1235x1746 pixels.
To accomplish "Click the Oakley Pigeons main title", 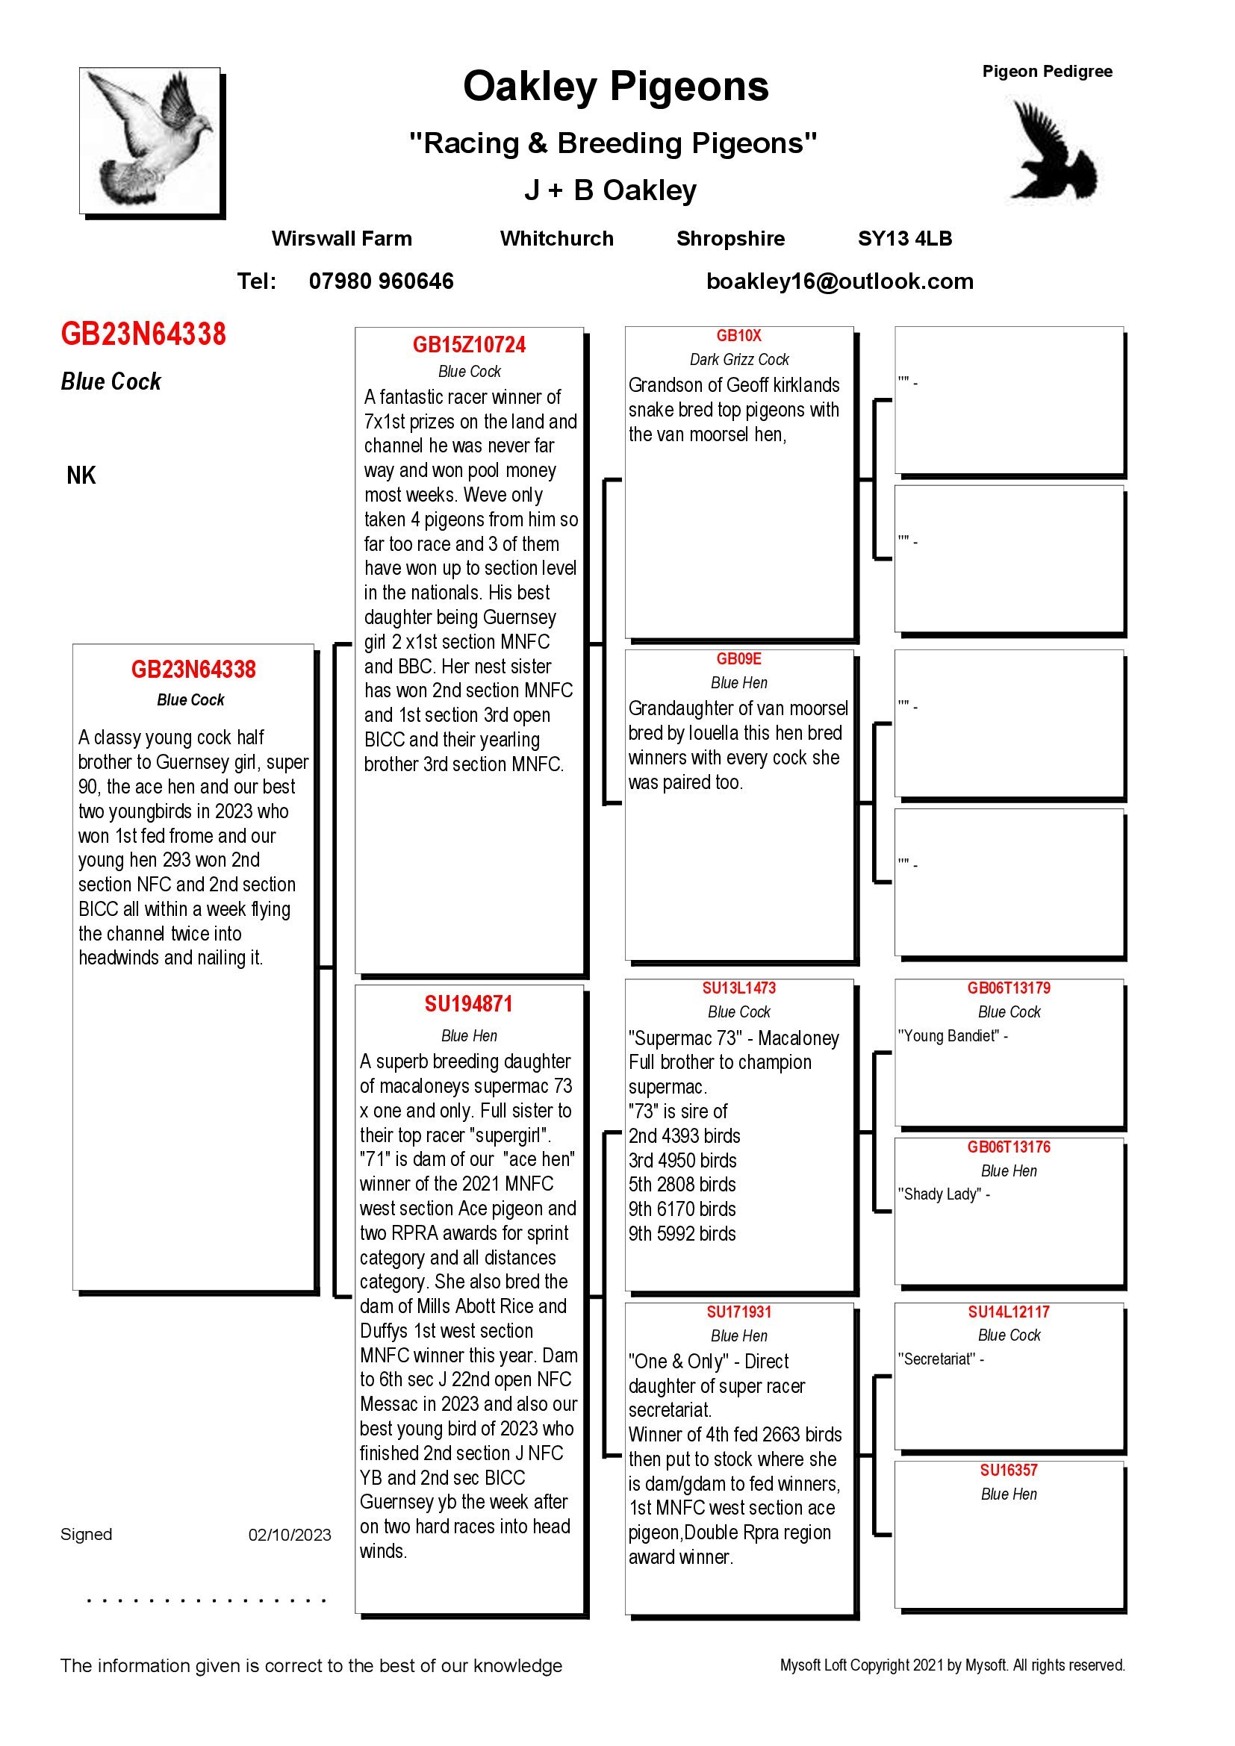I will [x=615, y=87].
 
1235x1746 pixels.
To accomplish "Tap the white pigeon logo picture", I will [x=151, y=140].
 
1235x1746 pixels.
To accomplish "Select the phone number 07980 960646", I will [x=381, y=281].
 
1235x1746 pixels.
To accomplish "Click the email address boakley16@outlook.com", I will [x=839, y=281].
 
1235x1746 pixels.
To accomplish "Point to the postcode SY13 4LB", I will [x=904, y=239].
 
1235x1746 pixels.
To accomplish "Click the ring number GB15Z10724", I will [x=469, y=346].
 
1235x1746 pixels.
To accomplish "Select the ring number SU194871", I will [x=468, y=1004].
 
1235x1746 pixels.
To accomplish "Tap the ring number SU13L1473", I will [x=738, y=988].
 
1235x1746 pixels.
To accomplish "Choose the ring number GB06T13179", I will [x=1008, y=988].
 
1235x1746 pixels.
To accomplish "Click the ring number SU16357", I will [x=1008, y=1470].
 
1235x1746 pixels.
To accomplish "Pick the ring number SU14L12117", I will [x=1008, y=1312].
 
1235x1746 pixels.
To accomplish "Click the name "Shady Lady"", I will [x=941, y=1194].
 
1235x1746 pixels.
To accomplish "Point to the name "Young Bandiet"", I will [x=949, y=1036].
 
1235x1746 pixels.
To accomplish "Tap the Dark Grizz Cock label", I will [x=738, y=360].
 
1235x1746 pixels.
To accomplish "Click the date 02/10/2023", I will [x=290, y=1535].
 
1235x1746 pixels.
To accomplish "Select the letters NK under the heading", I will [x=81, y=476].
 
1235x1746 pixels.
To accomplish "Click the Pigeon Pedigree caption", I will [x=1046, y=72].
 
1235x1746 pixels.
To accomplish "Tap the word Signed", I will [x=86, y=1534].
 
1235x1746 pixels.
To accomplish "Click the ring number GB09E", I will [x=738, y=658].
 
